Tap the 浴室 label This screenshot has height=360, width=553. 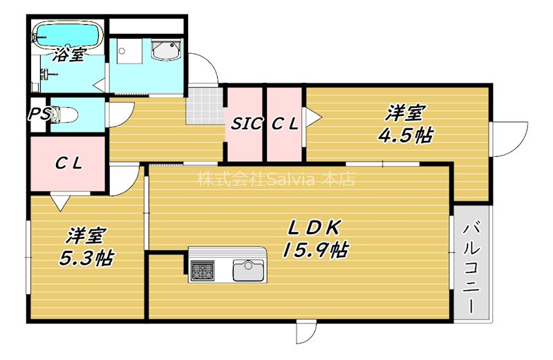pos(70,55)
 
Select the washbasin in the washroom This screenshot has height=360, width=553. pos(165,50)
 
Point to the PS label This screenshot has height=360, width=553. pos(39,115)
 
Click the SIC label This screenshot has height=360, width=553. pos(246,124)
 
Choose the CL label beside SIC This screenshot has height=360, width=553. pos(285,124)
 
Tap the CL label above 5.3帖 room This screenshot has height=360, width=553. pos(68,164)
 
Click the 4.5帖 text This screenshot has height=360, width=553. pos(405,135)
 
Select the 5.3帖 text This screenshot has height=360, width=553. pos(86,258)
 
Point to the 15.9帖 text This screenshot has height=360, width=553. pos(315,249)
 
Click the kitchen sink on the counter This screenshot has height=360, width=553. pos(248,269)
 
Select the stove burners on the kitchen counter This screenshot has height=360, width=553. pos(203,270)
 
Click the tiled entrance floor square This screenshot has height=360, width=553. pos(205,106)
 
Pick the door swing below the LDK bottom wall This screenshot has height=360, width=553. pos(305,332)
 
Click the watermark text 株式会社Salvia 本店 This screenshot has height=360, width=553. pos(276,180)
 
